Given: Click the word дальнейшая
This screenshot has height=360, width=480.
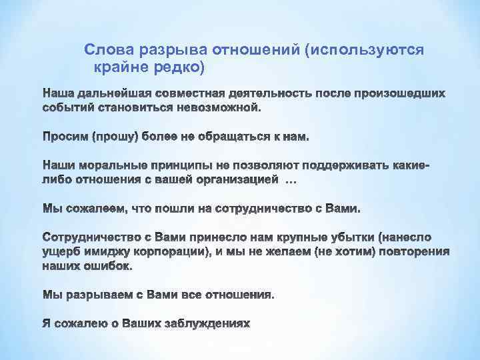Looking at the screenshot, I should pos(109,91).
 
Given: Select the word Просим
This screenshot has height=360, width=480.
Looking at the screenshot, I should pos(65,137).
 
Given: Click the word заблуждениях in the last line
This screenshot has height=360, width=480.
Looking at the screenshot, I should pos(210,324).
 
